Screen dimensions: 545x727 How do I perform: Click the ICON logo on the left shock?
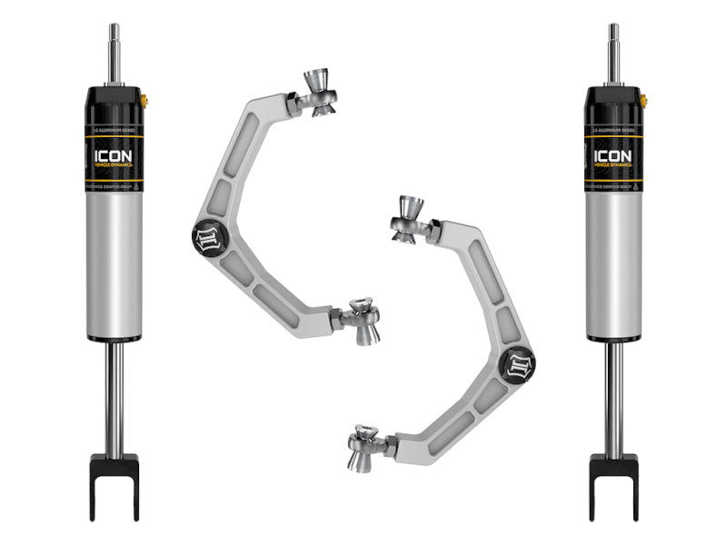114,155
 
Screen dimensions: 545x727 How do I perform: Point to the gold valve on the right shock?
643,99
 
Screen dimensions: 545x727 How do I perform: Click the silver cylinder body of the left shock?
115,263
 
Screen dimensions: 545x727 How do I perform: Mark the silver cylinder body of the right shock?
613,263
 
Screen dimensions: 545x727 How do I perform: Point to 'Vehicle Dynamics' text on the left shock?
114,167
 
